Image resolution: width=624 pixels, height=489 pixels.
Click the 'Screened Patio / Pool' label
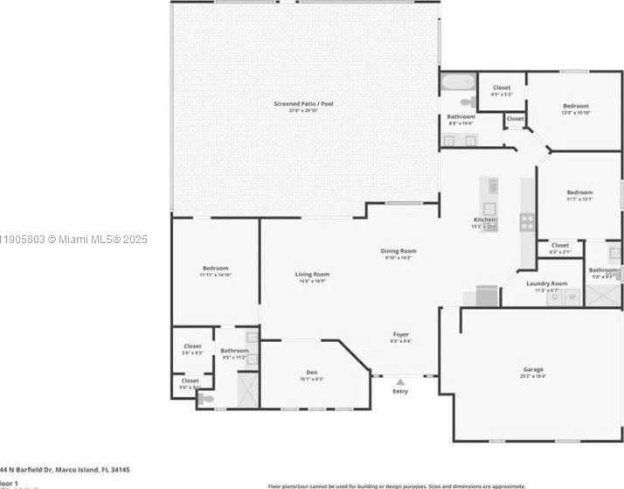303,104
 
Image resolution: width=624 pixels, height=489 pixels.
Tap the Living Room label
311,275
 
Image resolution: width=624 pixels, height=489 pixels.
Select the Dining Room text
398,252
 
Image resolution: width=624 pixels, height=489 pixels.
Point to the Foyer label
400,334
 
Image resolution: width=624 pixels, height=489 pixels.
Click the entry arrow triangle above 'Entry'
400,381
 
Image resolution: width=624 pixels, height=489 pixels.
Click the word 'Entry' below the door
400,391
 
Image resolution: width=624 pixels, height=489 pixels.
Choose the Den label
312,373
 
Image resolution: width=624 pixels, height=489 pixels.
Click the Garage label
532,370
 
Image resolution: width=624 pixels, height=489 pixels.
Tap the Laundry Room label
546,283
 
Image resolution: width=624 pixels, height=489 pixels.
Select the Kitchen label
484,220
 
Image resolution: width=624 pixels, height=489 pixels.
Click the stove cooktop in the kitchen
527,222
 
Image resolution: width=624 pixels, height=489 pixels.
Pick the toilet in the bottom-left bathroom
206,398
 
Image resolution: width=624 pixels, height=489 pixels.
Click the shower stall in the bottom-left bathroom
247,389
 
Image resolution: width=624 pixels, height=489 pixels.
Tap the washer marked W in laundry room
572,297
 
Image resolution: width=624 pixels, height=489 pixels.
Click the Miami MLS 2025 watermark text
74,239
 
